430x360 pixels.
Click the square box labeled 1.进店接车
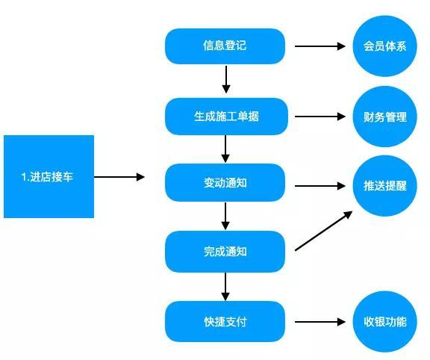[x=49, y=176]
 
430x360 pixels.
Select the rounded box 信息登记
[x=225, y=46]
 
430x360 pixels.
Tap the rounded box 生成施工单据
[x=226, y=117]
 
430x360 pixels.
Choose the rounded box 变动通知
[x=225, y=182]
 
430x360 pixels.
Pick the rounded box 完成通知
[x=225, y=252]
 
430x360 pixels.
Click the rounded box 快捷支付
[x=225, y=322]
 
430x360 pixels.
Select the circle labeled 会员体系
[x=384, y=46]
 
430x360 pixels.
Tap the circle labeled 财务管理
[x=384, y=117]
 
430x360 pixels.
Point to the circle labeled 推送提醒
[x=384, y=186]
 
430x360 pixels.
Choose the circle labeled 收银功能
[x=384, y=322]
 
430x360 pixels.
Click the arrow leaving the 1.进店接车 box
[x=119, y=177]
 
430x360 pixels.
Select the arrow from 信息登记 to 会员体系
[x=320, y=46]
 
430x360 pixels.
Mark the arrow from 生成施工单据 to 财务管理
[x=320, y=117]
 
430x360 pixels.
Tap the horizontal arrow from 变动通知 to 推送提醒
[x=320, y=186]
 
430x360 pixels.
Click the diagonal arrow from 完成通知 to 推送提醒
[x=323, y=231]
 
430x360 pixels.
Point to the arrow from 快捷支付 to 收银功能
[x=320, y=322]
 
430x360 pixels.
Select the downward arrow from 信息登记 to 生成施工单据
[x=226, y=80]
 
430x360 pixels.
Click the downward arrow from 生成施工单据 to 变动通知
[x=225, y=149]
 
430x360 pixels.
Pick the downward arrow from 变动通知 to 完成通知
[x=225, y=216]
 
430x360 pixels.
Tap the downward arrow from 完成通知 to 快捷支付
[x=225, y=287]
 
